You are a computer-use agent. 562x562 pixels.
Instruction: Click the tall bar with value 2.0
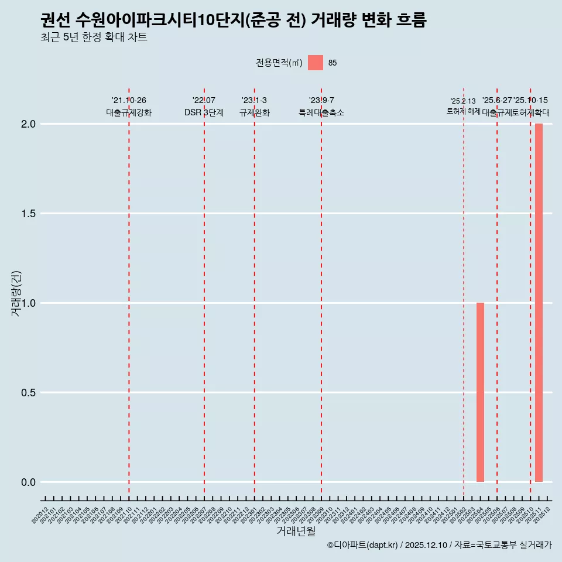[539, 303]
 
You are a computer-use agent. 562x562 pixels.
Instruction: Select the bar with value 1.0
[480, 392]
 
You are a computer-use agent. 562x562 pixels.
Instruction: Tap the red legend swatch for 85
[316, 63]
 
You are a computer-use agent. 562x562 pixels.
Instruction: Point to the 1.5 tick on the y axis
[28, 214]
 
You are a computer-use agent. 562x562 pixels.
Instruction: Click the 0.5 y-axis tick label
[28, 393]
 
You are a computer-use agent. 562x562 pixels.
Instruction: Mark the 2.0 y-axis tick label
[28, 124]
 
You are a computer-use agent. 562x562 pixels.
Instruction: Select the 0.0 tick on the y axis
[28, 482]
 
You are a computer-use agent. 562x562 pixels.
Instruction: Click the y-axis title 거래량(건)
[16, 293]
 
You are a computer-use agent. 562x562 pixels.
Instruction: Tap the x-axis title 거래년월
[296, 532]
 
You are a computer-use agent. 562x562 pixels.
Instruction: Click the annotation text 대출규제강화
[129, 112]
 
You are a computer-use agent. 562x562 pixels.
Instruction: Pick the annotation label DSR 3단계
[204, 112]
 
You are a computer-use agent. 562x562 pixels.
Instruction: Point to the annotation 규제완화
[254, 112]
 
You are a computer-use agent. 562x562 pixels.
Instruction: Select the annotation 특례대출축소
[321, 112]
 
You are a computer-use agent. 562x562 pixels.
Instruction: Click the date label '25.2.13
[463, 101]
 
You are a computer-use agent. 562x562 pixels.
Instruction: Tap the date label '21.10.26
[129, 101]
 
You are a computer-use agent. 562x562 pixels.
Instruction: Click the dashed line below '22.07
[204, 293]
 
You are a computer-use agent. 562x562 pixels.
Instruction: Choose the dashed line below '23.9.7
[321, 293]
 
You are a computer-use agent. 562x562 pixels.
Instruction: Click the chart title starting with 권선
[234, 20]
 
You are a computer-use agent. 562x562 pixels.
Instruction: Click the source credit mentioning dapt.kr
[439, 545]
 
